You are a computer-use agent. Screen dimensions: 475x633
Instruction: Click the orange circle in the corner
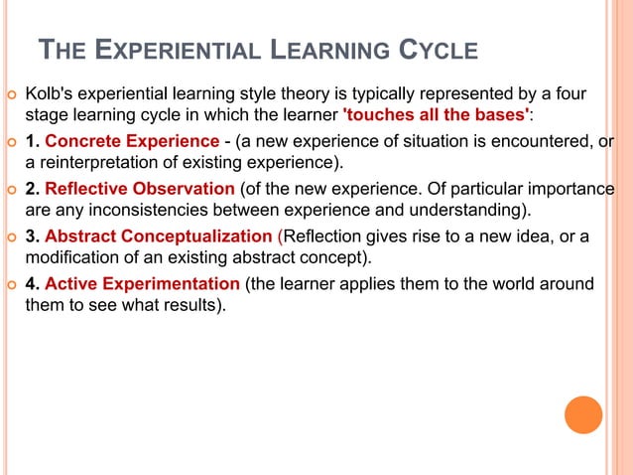pos(583,414)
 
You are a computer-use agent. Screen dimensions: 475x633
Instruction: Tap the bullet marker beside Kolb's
pos(10,95)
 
